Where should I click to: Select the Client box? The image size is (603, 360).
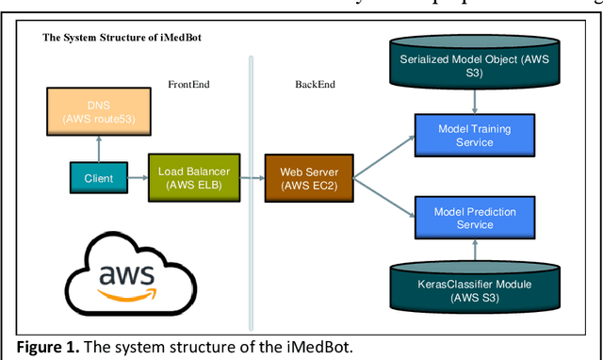99,176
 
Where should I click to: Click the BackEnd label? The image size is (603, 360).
316,85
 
